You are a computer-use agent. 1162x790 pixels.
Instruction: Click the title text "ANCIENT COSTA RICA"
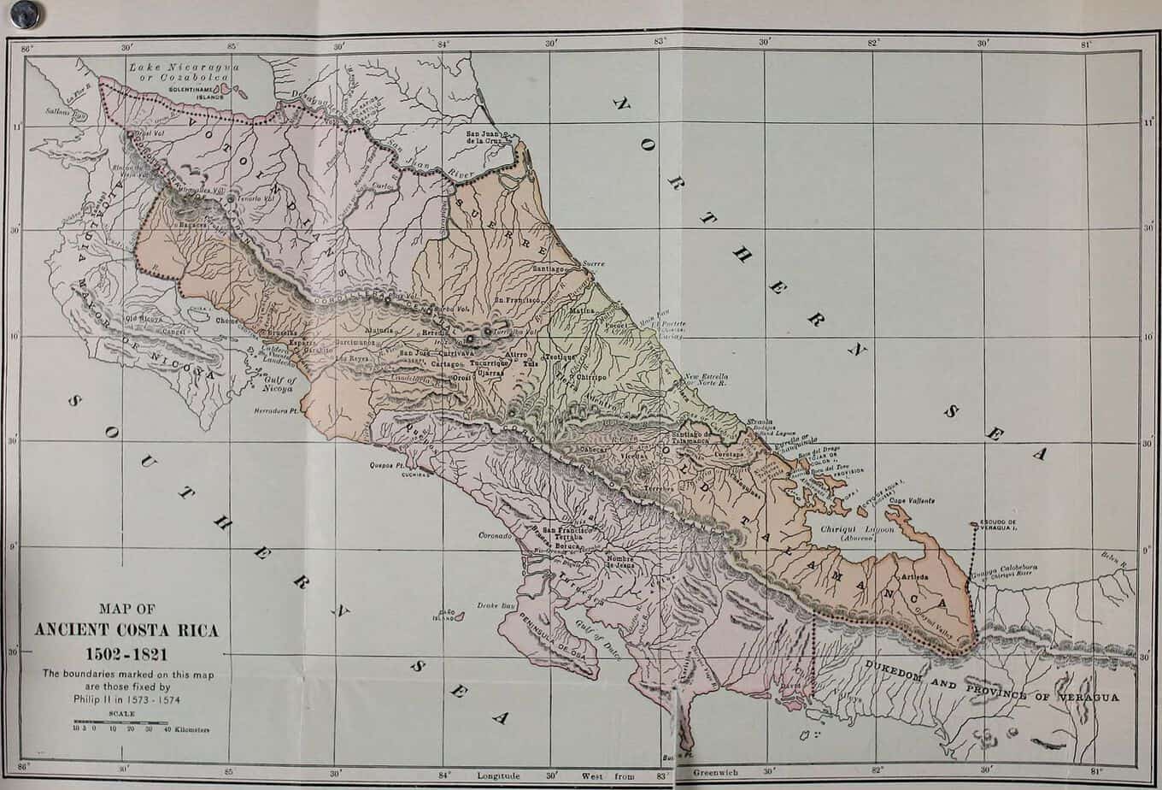[x=126, y=631]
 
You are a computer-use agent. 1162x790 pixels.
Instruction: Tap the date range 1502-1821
[x=126, y=654]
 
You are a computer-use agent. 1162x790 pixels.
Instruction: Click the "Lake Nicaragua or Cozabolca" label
[x=185, y=71]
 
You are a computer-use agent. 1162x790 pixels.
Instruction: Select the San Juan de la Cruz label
[x=487, y=138]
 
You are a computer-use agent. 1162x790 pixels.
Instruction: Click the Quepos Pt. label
[x=387, y=464]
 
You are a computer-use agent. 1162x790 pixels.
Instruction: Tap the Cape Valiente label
[x=912, y=501]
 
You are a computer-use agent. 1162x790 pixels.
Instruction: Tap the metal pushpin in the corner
[x=24, y=14]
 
